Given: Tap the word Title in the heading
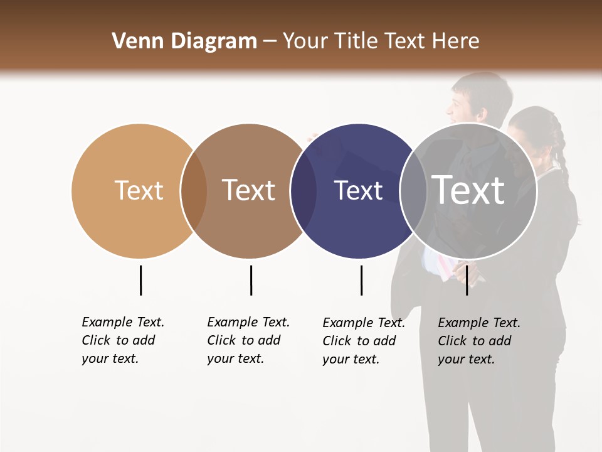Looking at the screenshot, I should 358,41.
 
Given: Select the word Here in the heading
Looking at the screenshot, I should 456,41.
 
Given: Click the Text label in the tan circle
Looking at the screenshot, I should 139,190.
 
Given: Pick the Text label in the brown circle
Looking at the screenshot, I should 248,190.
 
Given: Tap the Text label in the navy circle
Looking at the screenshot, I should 358,190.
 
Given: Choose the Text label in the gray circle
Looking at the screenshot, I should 468,190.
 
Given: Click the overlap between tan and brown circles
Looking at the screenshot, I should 194,191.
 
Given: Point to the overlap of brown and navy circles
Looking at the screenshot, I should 304,191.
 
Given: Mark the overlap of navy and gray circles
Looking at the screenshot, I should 413,191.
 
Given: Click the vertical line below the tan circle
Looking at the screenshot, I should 140,280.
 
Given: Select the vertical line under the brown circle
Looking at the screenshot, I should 251,280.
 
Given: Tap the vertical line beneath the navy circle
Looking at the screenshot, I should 361,280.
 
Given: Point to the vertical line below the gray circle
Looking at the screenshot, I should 467,280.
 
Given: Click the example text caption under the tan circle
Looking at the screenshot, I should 123,340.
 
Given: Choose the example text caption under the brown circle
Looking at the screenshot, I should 248,340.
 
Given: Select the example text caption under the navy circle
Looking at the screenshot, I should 364,341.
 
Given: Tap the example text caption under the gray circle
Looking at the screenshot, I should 479,341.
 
